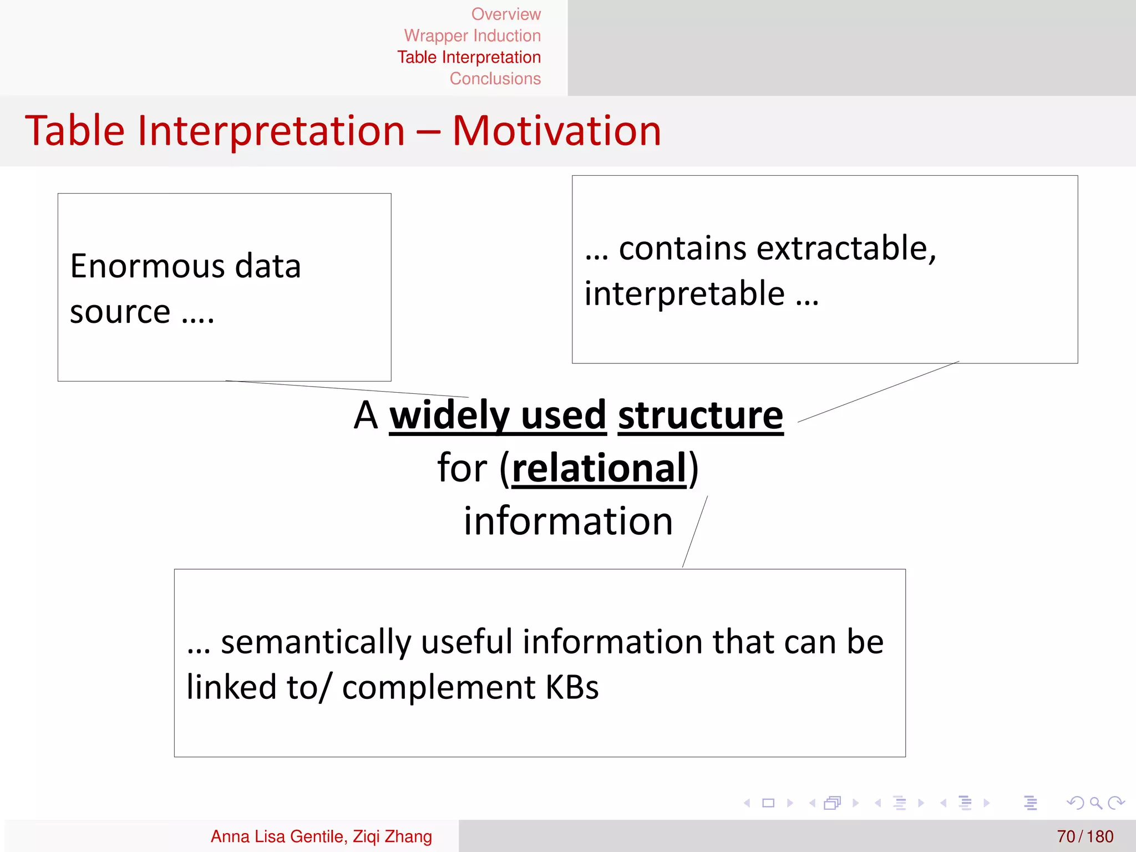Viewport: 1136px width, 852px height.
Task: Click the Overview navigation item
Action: coord(505,14)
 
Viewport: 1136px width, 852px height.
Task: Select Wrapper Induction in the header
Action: coord(472,35)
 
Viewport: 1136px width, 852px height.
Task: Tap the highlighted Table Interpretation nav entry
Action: coord(469,57)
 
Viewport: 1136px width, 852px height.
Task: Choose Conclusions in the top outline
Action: coord(495,79)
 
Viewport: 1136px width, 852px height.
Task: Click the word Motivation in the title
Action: coord(556,131)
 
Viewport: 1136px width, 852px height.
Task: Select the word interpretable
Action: coord(684,293)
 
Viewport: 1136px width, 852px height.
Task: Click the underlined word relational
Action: coord(599,468)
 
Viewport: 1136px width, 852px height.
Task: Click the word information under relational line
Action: coord(568,521)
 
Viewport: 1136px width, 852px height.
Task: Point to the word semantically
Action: coord(316,642)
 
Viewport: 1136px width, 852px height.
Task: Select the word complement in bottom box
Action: coord(438,687)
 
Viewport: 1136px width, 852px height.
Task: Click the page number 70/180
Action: coord(1084,836)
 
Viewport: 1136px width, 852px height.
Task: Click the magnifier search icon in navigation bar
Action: coord(1096,803)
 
